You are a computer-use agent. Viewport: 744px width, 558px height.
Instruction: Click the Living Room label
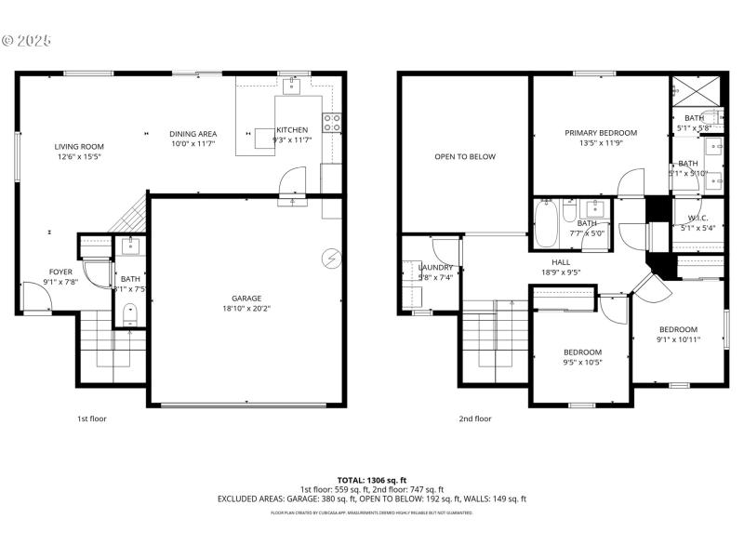78,146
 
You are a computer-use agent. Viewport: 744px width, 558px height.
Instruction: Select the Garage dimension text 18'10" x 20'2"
246,309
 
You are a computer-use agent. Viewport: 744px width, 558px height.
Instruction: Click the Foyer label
60,272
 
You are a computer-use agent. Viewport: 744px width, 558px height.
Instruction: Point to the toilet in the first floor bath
130,313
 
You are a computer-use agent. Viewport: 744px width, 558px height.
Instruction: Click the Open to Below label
465,156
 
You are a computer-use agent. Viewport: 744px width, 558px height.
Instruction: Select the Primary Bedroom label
601,133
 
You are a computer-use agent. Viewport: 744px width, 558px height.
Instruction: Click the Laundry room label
435,267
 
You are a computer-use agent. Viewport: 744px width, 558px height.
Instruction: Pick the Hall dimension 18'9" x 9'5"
561,272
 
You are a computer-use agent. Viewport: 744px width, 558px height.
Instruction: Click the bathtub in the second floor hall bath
546,224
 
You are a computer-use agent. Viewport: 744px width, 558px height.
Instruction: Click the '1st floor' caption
91,418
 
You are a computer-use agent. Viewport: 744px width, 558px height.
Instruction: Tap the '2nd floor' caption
474,418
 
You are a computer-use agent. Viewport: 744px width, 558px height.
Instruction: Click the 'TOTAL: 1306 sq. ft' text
371,479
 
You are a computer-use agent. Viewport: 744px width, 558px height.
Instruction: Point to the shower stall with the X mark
697,91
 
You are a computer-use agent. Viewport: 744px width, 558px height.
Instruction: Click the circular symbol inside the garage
330,257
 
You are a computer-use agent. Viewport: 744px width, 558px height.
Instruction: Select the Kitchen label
291,130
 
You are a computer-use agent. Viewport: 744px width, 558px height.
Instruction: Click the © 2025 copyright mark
28,41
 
